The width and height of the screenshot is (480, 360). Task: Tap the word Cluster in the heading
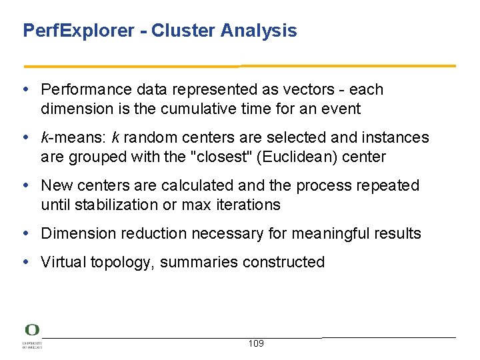[177, 31]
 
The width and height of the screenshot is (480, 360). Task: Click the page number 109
[255, 343]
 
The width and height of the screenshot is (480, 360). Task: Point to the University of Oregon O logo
[32, 330]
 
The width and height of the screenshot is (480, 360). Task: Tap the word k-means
[66, 137]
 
